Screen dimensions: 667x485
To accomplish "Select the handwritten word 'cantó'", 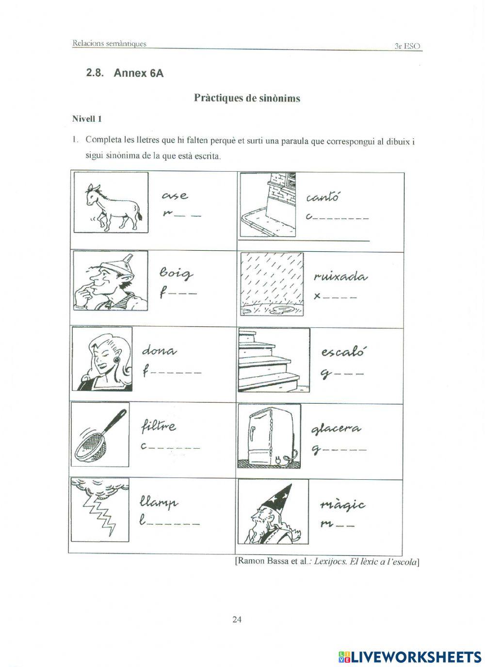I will click(x=323, y=198).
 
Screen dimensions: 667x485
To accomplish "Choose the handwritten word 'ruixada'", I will click(x=340, y=277).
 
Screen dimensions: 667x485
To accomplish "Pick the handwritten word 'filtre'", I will click(x=159, y=427).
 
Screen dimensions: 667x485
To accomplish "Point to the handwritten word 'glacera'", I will click(x=336, y=429).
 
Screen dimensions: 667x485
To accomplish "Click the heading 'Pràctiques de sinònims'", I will click(x=247, y=98).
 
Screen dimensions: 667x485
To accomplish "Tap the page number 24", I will click(x=237, y=619).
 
